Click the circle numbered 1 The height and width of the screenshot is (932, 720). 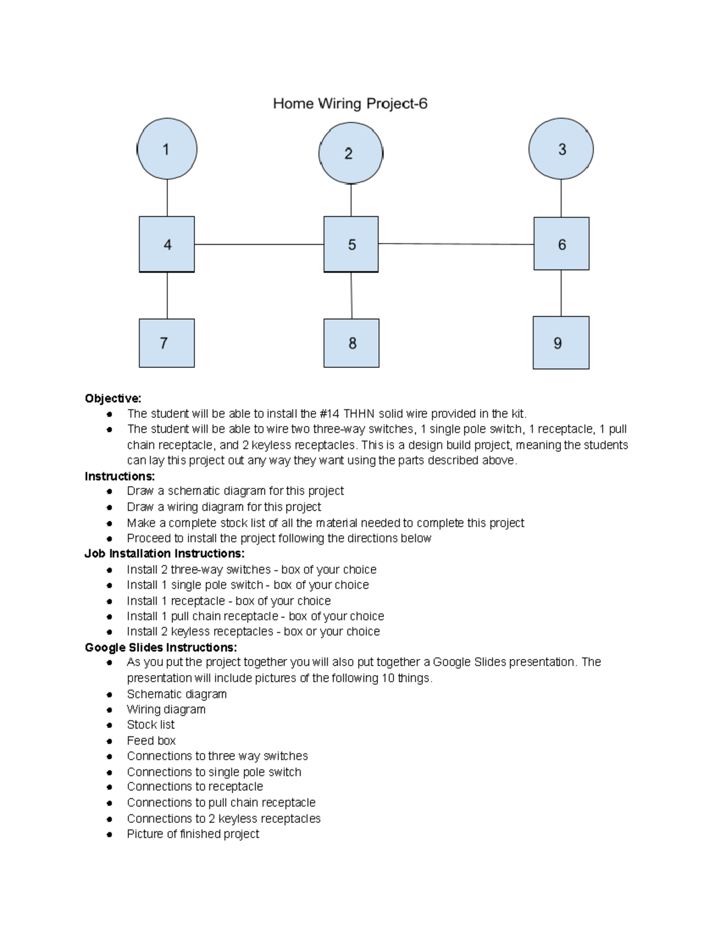(x=167, y=149)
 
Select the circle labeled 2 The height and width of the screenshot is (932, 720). (x=350, y=153)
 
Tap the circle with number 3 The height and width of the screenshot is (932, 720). (x=561, y=149)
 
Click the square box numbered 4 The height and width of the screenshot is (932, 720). (x=167, y=244)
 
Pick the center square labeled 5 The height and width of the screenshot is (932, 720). (x=351, y=244)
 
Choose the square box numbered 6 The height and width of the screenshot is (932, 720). (x=562, y=244)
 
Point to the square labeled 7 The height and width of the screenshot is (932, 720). (x=167, y=343)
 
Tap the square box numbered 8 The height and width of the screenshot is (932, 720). (x=352, y=343)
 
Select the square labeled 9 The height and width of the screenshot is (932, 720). (x=561, y=343)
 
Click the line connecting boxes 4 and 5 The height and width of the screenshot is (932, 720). (x=259, y=244)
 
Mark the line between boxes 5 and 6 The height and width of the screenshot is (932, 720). (x=456, y=244)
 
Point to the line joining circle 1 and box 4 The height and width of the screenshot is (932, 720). (x=167, y=197)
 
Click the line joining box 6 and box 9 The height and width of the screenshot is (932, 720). (x=561, y=293)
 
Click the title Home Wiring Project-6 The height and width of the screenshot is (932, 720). (x=350, y=104)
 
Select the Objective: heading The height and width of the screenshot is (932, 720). (x=113, y=398)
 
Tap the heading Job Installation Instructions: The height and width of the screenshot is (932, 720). (x=164, y=553)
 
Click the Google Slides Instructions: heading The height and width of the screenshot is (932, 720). (x=161, y=648)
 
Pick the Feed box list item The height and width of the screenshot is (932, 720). (x=151, y=741)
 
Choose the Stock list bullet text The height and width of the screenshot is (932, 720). (x=151, y=725)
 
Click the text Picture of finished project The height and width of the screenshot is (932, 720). (x=193, y=834)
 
